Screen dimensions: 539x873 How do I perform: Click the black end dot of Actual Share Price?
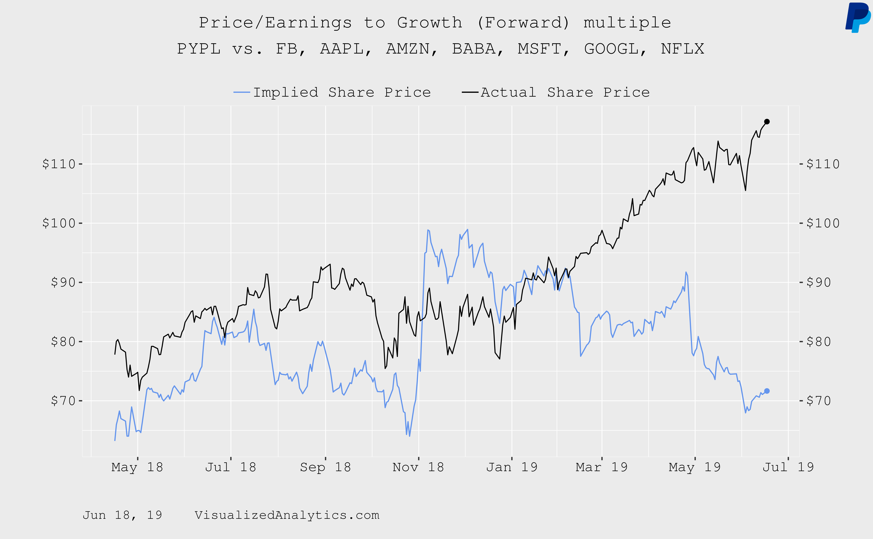(x=767, y=122)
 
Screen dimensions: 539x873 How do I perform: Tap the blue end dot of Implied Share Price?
(x=767, y=391)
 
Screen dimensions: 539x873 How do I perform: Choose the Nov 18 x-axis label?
(x=418, y=467)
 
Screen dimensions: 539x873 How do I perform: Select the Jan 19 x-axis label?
(x=512, y=467)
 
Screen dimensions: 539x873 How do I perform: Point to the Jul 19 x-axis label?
(x=788, y=467)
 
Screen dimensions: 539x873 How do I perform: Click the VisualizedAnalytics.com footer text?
(x=287, y=515)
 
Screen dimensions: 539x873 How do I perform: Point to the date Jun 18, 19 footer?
(x=122, y=515)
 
